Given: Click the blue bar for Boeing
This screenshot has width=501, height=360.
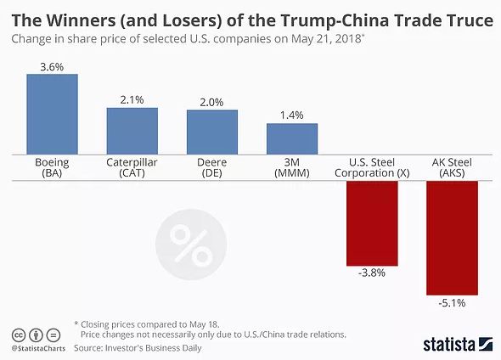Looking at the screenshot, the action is pyautogui.click(x=52, y=115).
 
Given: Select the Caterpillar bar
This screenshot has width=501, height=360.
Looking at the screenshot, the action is pyautogui.click(x=132, y=132).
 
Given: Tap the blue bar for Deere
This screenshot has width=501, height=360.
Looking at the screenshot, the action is pyautogui.click(x=212, y=132).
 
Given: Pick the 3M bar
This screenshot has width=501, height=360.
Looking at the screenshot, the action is pyautogui.click(x=292, y=139).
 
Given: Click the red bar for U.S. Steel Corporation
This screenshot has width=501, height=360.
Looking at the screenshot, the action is pyautogui.click(x=372, y=223).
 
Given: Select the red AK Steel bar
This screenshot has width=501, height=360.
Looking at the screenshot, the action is pyautogui.click(x=452, y=238).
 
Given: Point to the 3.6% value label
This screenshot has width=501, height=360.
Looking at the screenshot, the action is pyautogui.click(x=52, y=67).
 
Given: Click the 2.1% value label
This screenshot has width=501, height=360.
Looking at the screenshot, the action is pyautogui.click(x=132, y=100).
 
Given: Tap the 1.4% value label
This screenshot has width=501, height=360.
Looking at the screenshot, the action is pyautogui.click(x=292, y=115).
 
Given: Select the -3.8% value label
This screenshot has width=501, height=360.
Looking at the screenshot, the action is pyautogui.click(x=372, y=273).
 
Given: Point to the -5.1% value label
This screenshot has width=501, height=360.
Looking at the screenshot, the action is pyautogui.click(x=452, y=303).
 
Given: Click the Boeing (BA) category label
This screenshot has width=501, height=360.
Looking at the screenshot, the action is pyautogui.click(x=52, y=168).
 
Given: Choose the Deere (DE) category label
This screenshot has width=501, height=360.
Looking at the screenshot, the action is pyautogui.click(x=211, y=168).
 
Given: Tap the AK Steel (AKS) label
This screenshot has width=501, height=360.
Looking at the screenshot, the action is pyautogui.click(x=452, y=168).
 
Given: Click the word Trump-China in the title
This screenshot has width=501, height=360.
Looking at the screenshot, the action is pyautogui.click(x=335, y=20).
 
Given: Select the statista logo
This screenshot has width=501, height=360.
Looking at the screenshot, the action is pyautogui.click(x=458, y=345).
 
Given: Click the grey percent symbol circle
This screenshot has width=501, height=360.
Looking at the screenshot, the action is pyautogui.click(x=191, y=245).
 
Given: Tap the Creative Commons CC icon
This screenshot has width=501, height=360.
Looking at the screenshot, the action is pyautogui.click(x=19, y=335).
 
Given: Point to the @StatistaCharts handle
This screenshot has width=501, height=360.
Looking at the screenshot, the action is pyautogui.click(x=38, y=348).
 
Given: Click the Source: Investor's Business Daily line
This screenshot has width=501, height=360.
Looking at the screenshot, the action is pyautogui.click(x=138, y=348).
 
